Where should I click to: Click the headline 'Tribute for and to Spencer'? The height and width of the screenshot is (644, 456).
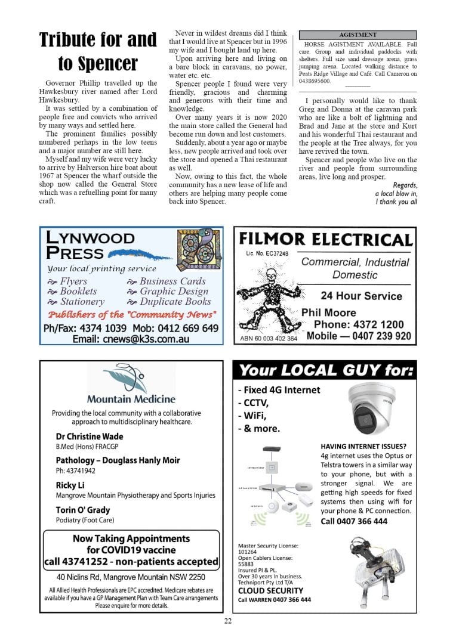98,51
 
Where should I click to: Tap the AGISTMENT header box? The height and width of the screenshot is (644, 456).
357,35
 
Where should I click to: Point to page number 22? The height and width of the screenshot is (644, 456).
228,621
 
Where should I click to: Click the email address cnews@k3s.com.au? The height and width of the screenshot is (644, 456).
130,339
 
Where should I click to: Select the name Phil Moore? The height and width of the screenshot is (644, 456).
328,312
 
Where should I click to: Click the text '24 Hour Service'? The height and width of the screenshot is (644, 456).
361,296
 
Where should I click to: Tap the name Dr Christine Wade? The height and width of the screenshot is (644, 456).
90,436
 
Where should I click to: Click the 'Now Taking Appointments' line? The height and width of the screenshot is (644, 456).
131,538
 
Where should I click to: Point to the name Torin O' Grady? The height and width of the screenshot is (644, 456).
83,510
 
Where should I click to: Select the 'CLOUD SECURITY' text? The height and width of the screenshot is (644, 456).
270,590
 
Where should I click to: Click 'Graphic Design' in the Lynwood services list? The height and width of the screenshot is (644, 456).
173,292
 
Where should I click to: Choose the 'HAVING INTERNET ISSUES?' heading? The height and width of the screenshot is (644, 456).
363,446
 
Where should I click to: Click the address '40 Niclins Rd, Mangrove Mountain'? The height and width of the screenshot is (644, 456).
131,577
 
